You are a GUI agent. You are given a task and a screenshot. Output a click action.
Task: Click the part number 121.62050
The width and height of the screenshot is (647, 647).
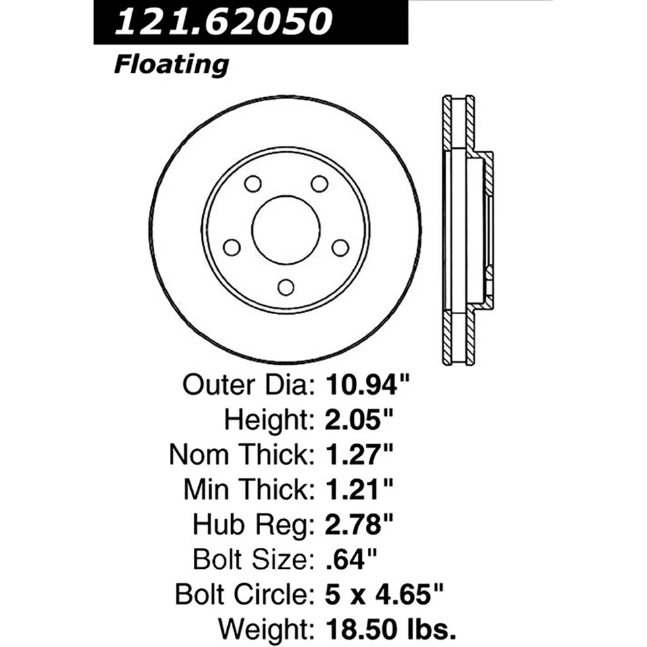[224, 22]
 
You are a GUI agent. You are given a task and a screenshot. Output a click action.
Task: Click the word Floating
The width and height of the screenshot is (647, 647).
[171, 65]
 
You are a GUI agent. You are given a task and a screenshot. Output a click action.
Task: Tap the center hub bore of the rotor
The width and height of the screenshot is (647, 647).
[285, 230]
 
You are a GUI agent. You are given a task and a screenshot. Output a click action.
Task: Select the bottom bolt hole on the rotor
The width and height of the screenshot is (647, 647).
[286, 287]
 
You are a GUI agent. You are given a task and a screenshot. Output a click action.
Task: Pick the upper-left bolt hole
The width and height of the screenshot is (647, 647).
[253, 183]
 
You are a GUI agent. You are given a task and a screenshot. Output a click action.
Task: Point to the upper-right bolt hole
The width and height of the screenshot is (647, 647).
[319, 183]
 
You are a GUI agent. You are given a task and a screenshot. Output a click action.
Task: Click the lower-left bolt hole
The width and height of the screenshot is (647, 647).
[232, 247]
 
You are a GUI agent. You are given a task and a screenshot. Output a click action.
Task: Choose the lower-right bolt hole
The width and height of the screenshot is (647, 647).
[340, 247]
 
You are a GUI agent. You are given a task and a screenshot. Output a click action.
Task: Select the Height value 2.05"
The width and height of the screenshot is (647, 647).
[360, 420]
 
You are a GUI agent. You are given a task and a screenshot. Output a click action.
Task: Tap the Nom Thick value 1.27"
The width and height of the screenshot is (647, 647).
[360, 455]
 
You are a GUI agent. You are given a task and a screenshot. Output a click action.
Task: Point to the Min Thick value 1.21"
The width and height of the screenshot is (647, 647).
[360, 489]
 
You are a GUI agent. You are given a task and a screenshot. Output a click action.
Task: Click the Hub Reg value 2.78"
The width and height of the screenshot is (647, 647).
[360, 524]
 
